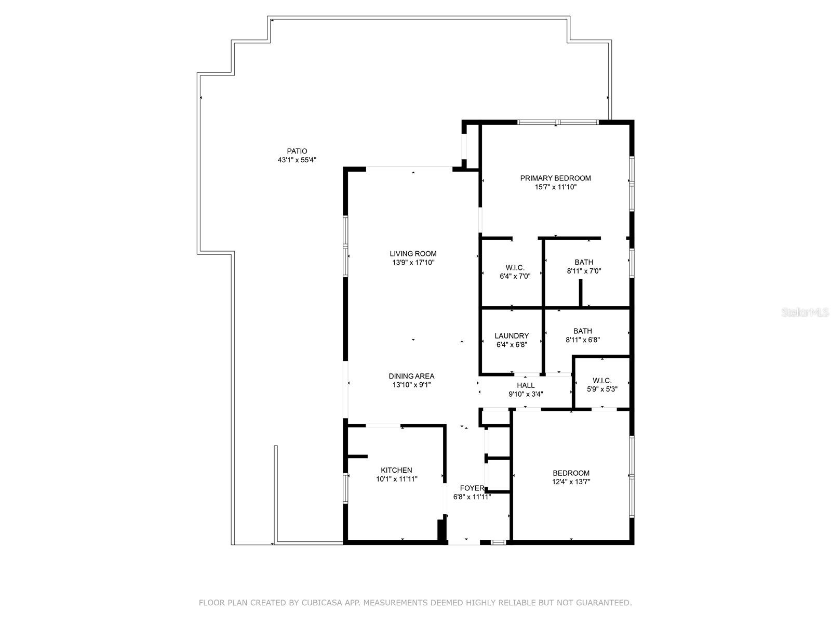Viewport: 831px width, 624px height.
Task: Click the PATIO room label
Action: (297, 151)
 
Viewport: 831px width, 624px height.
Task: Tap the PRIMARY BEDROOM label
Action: (555, 178)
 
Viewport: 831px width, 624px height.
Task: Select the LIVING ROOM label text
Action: (413, 254)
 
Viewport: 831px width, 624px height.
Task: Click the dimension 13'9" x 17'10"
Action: (413, 263)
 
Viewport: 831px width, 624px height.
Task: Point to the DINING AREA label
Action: (411, 376)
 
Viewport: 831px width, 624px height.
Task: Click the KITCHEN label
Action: (396, 470)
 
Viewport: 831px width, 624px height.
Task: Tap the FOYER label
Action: (472, 488)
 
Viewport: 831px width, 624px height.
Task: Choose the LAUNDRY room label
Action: (512, 336)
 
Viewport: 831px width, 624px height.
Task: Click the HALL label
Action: (526, 385)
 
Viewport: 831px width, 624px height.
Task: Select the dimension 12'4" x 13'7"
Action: (571, 482)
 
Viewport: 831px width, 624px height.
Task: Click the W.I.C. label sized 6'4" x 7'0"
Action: (515, 267)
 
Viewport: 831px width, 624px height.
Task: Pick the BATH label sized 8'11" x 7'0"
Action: (584, 262)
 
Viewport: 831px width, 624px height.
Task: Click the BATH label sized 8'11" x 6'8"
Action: (582, 331)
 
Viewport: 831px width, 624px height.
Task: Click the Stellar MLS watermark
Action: (807, 313)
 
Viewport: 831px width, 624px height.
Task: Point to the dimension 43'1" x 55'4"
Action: (297, 160)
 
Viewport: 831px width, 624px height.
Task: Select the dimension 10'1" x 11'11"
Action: (396, 479)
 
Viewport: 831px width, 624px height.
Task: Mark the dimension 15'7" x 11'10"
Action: (555, 187)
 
